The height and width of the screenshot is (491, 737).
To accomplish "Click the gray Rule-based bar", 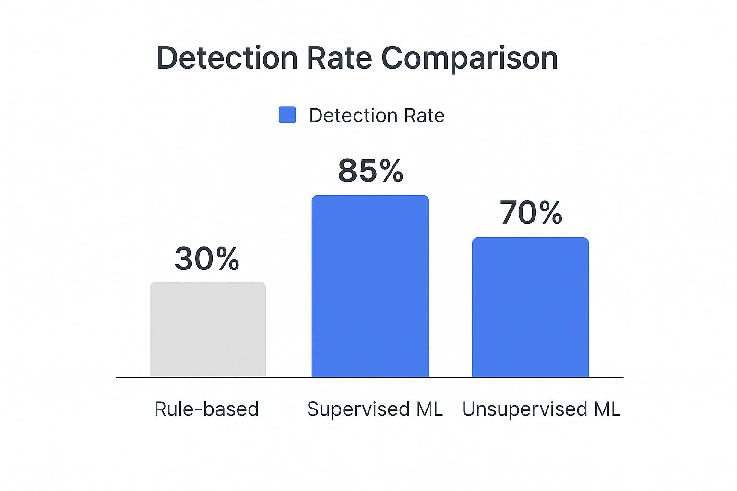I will tap(208, 329).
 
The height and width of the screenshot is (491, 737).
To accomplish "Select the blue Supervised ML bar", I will tap(370, 286).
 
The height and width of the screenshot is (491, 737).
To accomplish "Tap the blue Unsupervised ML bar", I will tap(530, 307).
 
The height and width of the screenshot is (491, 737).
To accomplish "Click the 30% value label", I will tap(207, 259).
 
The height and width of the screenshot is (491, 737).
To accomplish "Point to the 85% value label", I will tap(370, 171).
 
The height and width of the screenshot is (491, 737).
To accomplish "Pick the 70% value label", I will tap(531, 213).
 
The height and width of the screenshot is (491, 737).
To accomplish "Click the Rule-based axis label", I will tap(206, 409).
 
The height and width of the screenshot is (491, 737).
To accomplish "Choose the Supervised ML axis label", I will tap(375, 409).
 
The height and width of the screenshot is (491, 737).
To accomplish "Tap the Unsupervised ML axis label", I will tap(541, 409).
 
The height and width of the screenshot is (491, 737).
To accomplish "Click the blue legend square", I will tap(287, 115).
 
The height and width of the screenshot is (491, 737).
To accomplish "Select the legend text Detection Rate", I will tap(377, 116).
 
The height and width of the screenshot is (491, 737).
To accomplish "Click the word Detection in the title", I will tap(227, 58).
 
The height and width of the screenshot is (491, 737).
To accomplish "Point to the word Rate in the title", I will tap(339, 58).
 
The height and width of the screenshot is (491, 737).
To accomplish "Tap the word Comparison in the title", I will tap(469, 59).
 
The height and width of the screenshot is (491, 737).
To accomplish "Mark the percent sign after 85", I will tap(390, 171).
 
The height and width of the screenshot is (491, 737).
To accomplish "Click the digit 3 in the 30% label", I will tap(184, 259).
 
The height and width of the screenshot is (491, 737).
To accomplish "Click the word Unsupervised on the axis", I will tap(524, 409).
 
